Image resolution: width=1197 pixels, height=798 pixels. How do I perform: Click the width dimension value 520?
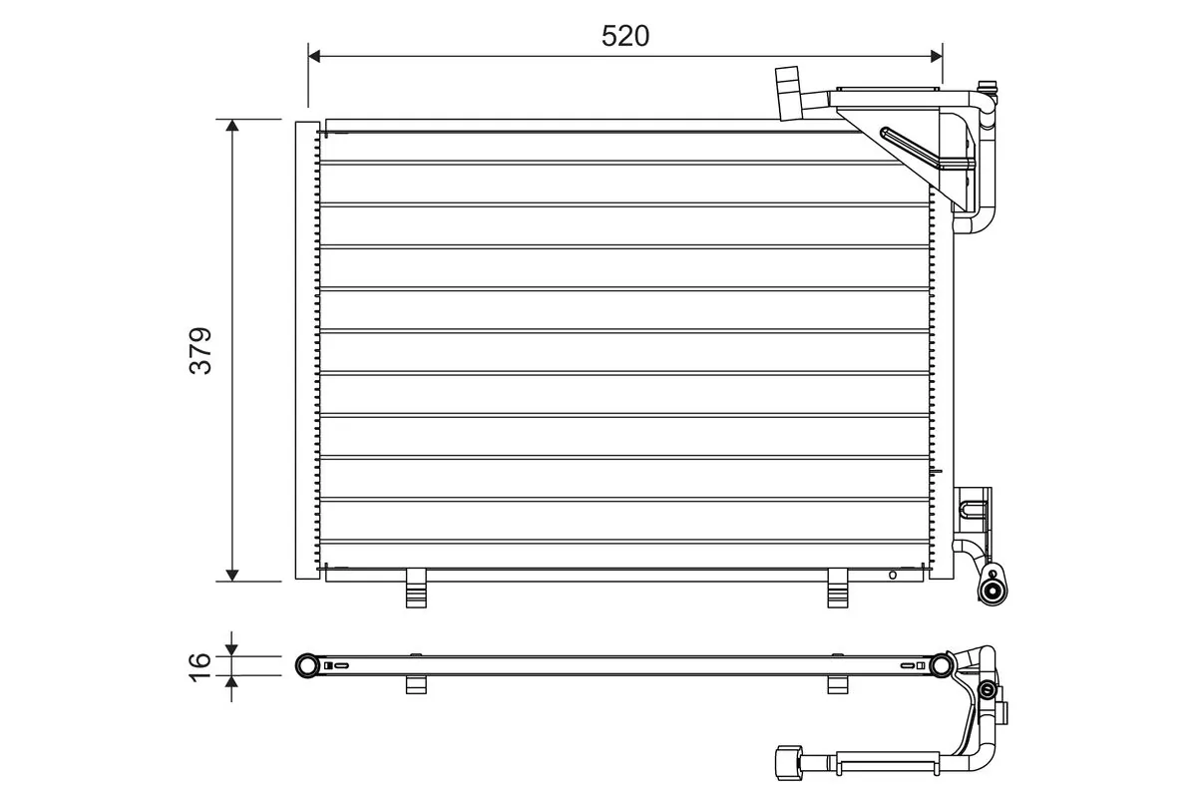point(625,36)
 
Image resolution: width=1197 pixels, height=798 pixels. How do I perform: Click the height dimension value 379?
point(200,350)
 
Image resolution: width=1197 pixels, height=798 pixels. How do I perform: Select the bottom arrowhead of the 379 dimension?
point(232,574)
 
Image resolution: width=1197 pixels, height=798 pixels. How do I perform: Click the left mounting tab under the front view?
point(416,589)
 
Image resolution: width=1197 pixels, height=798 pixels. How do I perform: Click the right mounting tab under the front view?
point(838,589)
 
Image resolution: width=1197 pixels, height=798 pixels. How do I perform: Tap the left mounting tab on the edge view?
point(416,684)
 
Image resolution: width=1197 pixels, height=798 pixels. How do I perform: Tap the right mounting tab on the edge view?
point(838,684)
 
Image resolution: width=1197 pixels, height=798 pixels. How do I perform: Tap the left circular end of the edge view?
point(307,665)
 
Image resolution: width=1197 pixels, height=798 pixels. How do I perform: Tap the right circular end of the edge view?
point(940,665)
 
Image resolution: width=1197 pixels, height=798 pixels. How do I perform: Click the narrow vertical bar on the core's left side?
point(303,349)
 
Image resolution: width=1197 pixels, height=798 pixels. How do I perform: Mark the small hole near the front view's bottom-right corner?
point(893,575)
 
